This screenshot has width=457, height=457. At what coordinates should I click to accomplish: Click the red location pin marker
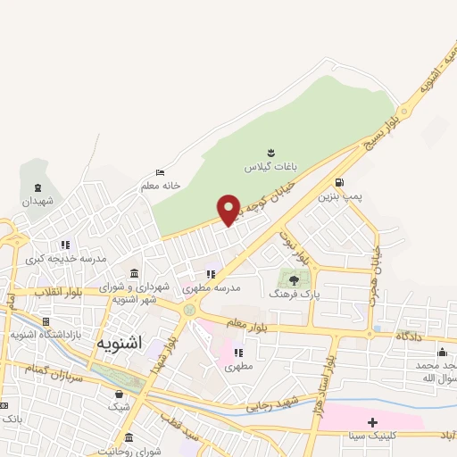click(229, 210)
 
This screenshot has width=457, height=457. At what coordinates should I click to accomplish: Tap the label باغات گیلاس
click(269, 167)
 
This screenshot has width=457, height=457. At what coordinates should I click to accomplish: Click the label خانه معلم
click(161, 186)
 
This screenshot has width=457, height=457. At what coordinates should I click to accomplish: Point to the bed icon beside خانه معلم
click(160, 172)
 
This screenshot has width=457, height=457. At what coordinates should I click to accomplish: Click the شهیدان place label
click(38, 201)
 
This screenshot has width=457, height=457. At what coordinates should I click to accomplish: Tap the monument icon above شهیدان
click(37, 187)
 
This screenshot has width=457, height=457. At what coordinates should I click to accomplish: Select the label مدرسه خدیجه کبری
click(65, 258)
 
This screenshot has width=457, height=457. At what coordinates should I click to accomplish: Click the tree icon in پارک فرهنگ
click(294, 279)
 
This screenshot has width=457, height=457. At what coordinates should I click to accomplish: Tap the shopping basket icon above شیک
click(119, 394)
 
